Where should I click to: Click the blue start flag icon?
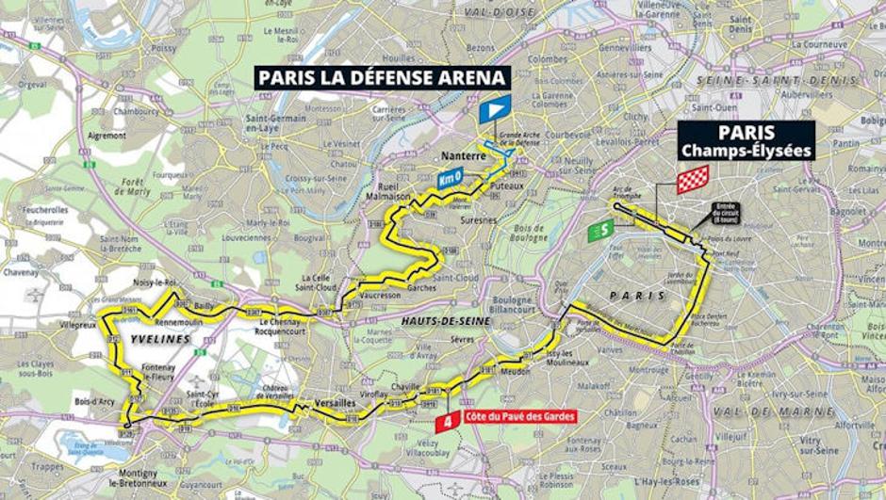(x=494, y=109)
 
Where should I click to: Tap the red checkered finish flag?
(x=692, y=179)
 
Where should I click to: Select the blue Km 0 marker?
(x=451, y=177)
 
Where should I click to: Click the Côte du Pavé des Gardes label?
(x=519, y=416)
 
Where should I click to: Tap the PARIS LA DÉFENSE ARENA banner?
(x=382, y=77)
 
